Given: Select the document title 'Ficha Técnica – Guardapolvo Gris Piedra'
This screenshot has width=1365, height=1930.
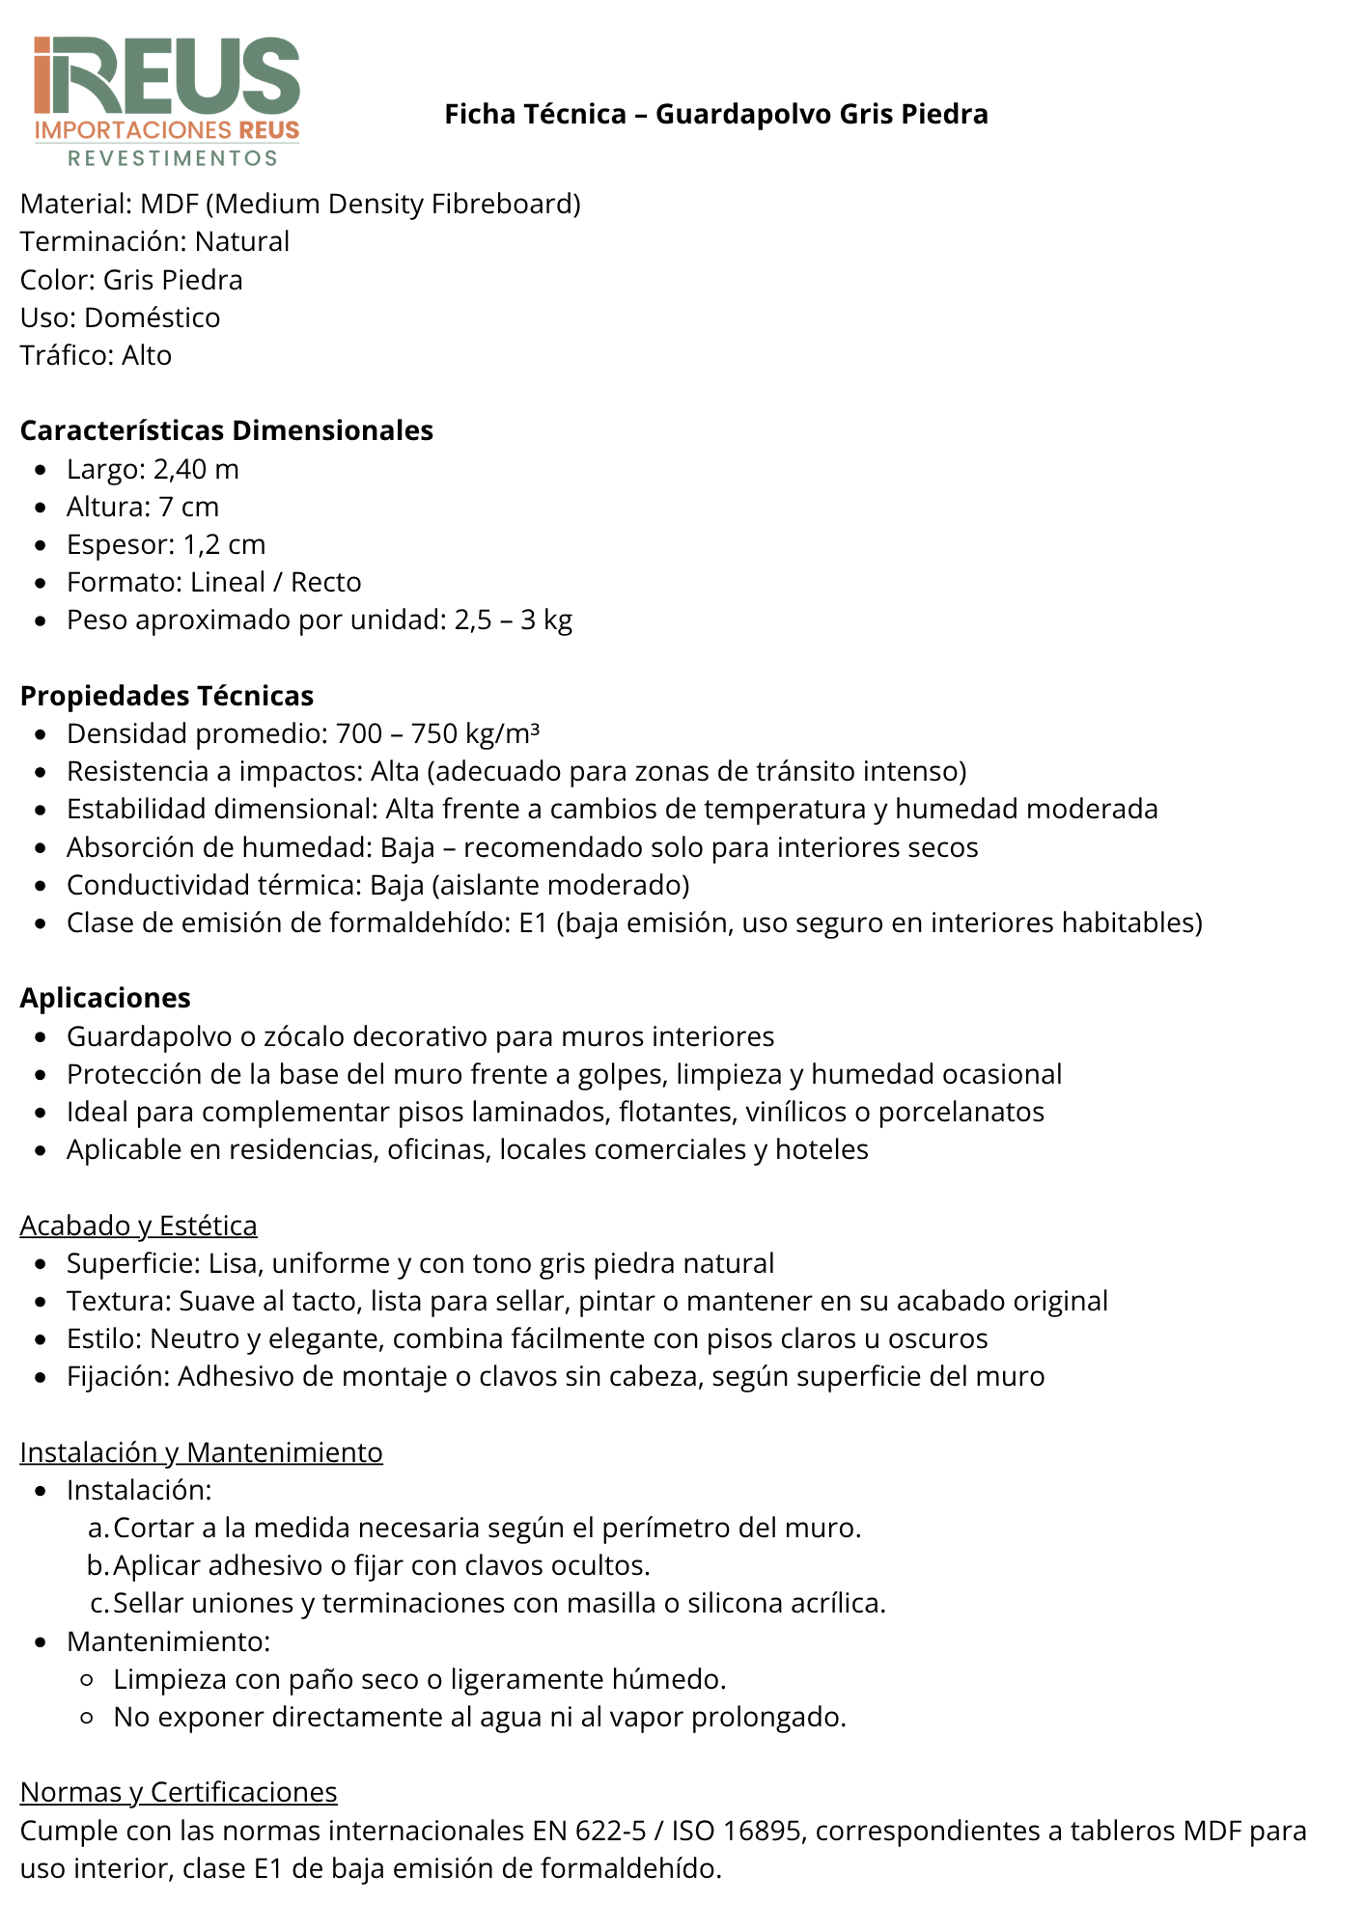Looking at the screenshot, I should pyautogui.click(x=715, y=114).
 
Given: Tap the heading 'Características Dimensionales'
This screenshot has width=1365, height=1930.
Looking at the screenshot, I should pyautogui.click(x=227, y=430).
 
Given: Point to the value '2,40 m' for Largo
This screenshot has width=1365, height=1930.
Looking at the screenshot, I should pyautogui.click(x=196, y=469).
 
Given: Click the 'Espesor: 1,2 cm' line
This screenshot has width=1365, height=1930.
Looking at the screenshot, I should pyautogui.click(x=166, y=544).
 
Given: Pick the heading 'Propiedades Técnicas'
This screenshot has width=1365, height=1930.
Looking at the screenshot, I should pyautogui.click(x=167, y=696).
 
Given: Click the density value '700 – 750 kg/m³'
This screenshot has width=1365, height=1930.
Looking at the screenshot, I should pyautogui.click(x=437, y=733).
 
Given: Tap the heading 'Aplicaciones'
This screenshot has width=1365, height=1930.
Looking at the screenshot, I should pyautogui.click(x=105, y=998).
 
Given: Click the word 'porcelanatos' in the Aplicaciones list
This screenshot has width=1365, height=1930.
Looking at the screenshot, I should pyautogui.click(x=961, y=1112).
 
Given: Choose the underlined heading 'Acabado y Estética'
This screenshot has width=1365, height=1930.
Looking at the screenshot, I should pyautogui.click(x=138, y=1226).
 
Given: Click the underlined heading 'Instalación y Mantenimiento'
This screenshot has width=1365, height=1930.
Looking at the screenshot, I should pyautogui.click(x=201, y=1452).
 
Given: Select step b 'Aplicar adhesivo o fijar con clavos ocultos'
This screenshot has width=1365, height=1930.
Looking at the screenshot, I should pyautogui.click(x=381, y=1565).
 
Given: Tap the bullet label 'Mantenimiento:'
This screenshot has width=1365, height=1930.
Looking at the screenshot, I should pyautogui.click(x=168, y=1640).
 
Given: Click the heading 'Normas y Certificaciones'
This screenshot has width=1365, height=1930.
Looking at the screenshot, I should pyautogui.click(x=179, y=1792).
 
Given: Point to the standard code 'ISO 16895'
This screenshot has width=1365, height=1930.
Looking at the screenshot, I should pyautogui.click(x=738, y=1831).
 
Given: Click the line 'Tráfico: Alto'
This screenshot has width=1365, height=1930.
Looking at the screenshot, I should pyautogui.click(x=96, y=355).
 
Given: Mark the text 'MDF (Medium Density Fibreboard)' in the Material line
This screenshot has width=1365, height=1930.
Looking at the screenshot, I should pyautogui.click(x=360, y=204).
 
